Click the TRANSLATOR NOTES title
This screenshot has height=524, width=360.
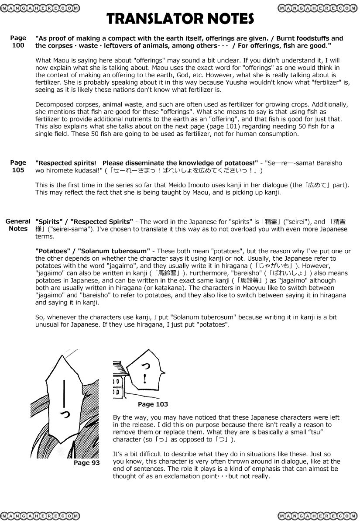180,19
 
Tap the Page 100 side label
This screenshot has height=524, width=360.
18,41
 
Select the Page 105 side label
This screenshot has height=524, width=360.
18,166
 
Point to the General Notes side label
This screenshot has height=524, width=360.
18,225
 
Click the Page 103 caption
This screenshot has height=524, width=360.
153,404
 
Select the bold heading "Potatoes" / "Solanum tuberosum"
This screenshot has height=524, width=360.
92,251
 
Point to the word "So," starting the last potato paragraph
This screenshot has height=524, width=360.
39,317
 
